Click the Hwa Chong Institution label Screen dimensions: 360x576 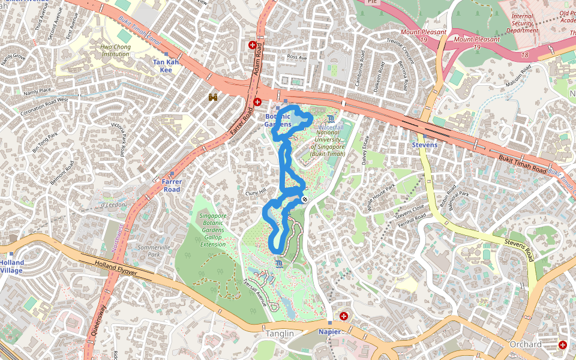tap(115, 50)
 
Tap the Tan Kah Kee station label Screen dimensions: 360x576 tap(166, 66)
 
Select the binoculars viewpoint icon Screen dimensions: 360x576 tap(213, 97)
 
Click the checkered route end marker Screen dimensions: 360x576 tap(305, 199)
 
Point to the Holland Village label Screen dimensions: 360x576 tap(11, 266)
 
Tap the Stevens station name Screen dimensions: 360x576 tap(424, 145)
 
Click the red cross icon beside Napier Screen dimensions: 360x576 tap(344, 316)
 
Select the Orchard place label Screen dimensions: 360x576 tap(525, 344)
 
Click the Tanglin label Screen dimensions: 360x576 tap(280, 334)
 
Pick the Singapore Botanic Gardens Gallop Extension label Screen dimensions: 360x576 tap(212, 230)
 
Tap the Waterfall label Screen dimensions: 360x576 tap(331, 128)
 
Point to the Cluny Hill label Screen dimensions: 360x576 tap(256, 193)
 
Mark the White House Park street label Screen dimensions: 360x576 tap(382, 197)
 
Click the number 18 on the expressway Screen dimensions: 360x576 tap(524, 55)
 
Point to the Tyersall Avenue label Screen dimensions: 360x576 tap(254, 293)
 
